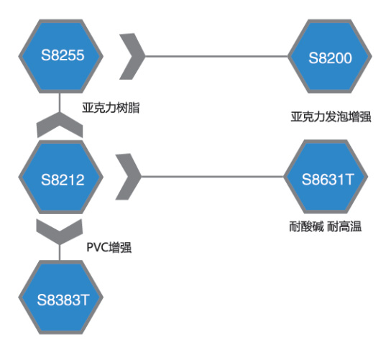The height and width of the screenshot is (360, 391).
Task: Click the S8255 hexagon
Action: click(60, 56)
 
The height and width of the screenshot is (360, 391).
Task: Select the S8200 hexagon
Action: click(330, 56)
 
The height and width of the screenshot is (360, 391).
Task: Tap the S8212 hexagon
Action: click(60, 177)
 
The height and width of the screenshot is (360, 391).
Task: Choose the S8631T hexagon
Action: click(326, 176)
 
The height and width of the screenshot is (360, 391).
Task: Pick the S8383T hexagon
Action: click(60, 297)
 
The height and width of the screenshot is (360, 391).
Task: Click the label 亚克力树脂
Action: click(111, 108)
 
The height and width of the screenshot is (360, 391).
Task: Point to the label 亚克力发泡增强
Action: click(331, 116)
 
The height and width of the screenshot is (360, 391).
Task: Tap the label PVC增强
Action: click(109, 247)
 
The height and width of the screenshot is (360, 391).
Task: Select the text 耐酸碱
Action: click(306, 226)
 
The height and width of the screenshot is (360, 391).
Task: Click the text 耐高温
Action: click(344, 226)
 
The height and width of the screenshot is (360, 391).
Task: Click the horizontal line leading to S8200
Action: click(216, 56)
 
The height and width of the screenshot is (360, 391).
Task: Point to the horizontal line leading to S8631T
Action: click(213, 177)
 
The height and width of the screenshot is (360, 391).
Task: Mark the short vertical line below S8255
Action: click(60, 103)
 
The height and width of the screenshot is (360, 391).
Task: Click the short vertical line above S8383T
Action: click(60, 252)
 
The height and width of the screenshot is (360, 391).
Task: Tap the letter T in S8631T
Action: click(349, 179)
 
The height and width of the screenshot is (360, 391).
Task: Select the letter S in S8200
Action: click(313, 58)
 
